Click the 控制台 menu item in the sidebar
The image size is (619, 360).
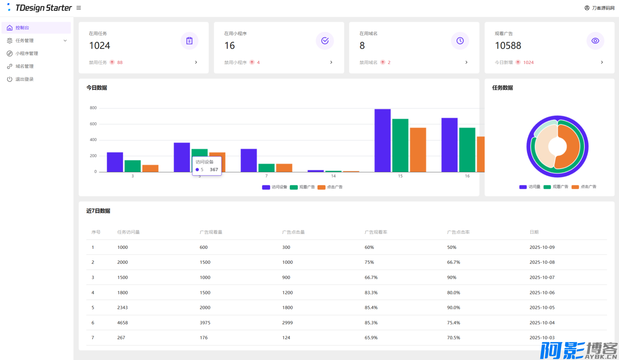(x=22, y=28)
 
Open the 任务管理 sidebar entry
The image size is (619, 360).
(x=25, y=41)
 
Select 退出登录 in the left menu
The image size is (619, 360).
(x=24, y=79)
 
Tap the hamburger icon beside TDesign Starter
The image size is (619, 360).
(x=79, y=8)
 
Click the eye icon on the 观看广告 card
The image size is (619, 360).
(x=595, y=41)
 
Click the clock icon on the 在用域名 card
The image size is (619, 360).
(x=460, y=41)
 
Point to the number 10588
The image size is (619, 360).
(x=508, y=46)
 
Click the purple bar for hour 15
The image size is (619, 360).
(x=382, y=141)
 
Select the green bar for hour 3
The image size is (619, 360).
(x=133, y=166)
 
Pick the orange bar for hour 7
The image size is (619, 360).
(x=284, y=168)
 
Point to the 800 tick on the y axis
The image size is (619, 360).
(x=93, y=108)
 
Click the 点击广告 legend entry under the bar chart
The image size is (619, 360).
(x=330, y=187)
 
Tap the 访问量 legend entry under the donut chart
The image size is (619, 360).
(x=530, y=187)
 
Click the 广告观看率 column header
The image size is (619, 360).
(x=376, y=232)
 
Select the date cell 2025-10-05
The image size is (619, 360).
(x=542, y=308)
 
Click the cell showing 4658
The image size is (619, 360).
(x=123, y=323)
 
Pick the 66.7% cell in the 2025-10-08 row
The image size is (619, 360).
(x=453, y=262)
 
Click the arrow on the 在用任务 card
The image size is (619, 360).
(x=196, y=62)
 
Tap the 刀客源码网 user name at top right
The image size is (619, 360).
(x=603, y=8)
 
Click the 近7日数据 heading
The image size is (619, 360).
(x=98, y=211)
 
